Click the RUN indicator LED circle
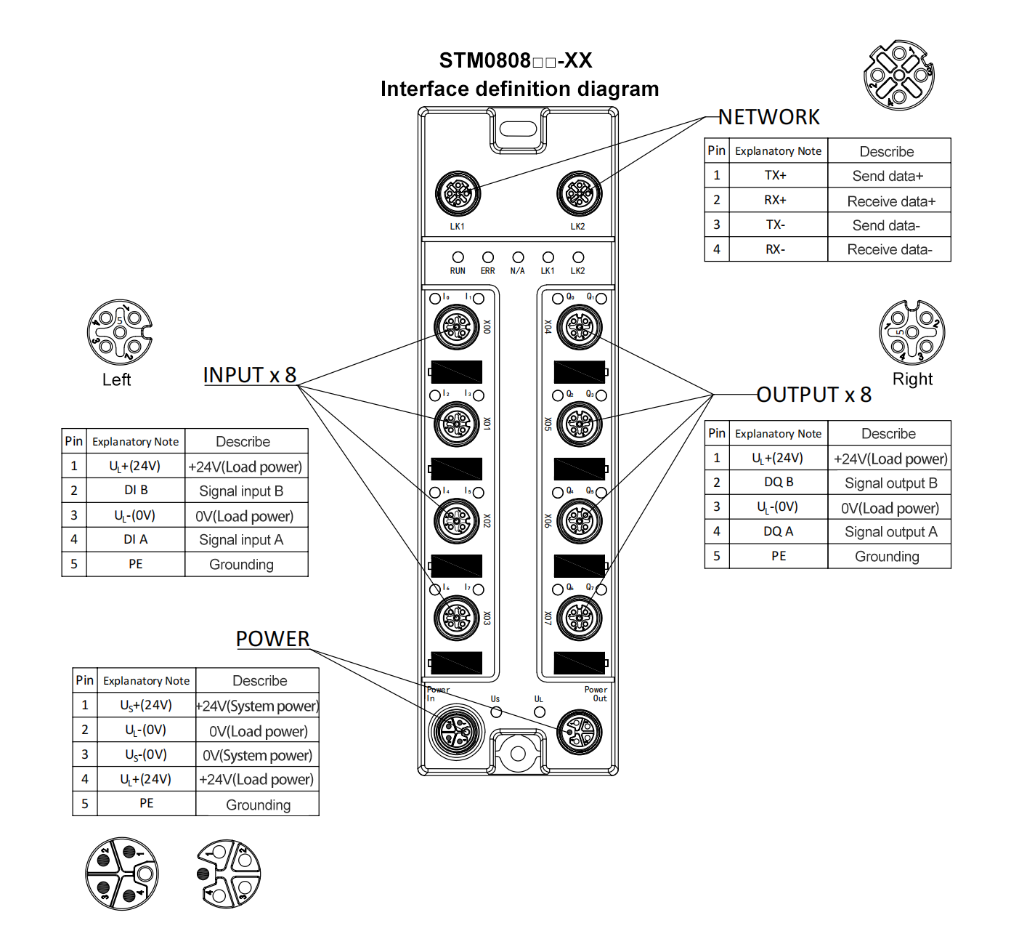(x=458, y=257)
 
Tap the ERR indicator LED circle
(x=488, y=257)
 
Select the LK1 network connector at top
(x=458, y=193)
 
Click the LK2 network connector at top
(x=579, y=193)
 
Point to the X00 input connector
(x=457, y=328)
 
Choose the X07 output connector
(x=580, y=618)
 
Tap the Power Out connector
(x=580, y=731)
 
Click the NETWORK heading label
(x=768, y=117)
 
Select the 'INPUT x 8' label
(x=250, y=375)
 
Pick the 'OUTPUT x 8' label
(x=813, y=395)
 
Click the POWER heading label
(x=272, y=639)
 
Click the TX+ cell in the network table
(x=775, y=175)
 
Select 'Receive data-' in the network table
(x=889, y=249)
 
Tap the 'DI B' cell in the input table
(x=136, y=490)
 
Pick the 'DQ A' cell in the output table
(x=778, y=531)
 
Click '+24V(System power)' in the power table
(x=257, y=706)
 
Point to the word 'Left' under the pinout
(x=116, y=379)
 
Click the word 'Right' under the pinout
(x=912, y=379)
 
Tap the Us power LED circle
(x=496, y=711)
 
